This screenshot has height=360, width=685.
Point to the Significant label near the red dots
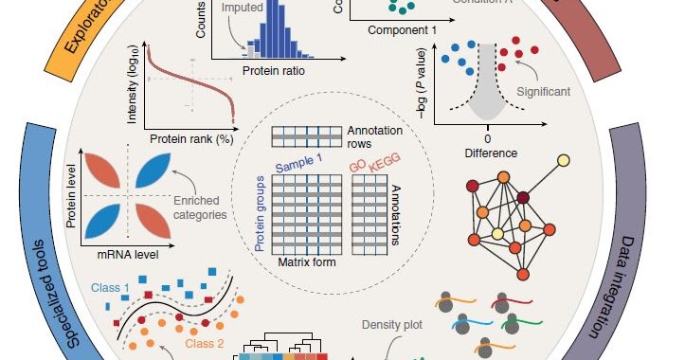544,92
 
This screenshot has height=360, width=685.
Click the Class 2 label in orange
205,343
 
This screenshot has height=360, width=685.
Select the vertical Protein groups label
261,212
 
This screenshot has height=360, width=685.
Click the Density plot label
389,325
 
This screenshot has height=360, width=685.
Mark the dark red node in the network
523,197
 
